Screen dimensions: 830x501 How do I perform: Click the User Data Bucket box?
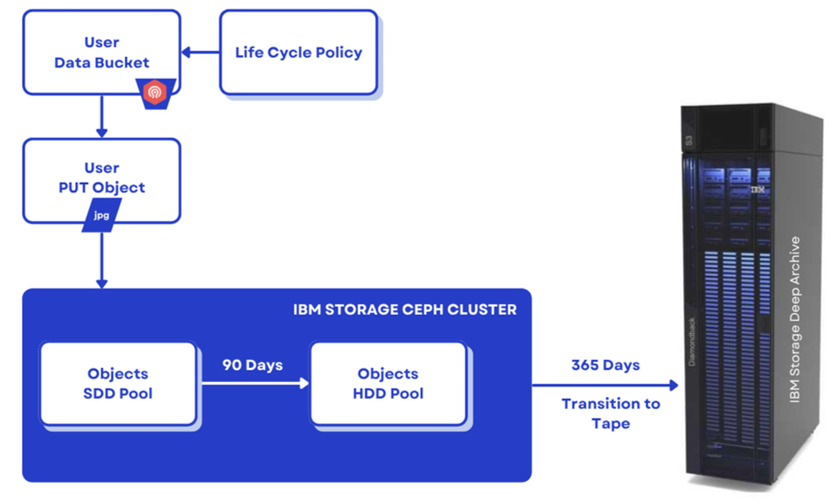(101, 52)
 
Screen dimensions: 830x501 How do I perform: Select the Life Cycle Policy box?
(299, 52)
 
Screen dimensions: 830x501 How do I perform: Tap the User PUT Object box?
(101, 181)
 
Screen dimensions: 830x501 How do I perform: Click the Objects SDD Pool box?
(118, 384)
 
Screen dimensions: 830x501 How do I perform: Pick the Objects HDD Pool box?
(388, 384)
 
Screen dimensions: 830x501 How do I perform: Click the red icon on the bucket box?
(156, 93)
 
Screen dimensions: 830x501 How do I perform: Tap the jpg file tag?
(101, 215)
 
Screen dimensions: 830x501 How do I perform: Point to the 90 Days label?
(252, 365)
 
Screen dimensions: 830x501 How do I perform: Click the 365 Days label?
(605, 365)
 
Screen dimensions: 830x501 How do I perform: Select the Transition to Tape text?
(611, 414)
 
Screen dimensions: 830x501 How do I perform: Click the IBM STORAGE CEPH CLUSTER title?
(405, 310)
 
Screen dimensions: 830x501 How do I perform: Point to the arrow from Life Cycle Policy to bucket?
(201, 52)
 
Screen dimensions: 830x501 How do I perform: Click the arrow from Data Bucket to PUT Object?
(101, 116)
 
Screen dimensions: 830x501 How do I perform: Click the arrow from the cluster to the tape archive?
(605, 385)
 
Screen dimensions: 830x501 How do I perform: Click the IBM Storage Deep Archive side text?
(794, 319)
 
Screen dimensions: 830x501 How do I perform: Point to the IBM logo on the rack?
(757, 189)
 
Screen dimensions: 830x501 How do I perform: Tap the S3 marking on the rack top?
(688, 141)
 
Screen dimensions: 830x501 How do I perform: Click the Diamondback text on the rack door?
(692, 342)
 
